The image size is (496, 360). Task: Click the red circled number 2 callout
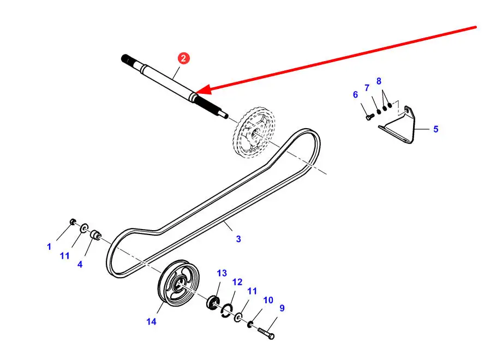(x=183, y=58)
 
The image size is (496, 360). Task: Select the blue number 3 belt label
(x=238, y=239)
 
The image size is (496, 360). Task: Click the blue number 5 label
(x=435, y=129)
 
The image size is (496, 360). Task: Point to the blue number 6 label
(x=355, y=94)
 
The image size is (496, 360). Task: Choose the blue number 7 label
(x=367, y=88)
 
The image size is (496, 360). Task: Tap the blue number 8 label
(x=379, y=81)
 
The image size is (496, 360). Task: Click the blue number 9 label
(x=282, y=308)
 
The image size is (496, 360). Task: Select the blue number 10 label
(x=268, y=300)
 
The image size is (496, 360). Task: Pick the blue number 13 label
(x=222, y=273)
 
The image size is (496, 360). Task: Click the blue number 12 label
(x=237, y=282)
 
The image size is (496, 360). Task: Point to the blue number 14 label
(x=151, y=322)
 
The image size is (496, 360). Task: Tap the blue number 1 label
(x=49, y=247)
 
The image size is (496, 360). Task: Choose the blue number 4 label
(x=80, y=264)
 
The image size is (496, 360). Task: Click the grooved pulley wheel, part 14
(x=178, y=283)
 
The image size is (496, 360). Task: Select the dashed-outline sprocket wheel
(x=255, y=132)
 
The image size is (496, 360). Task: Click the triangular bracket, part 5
(x=397, y=125)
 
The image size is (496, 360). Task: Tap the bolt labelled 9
(x=266, y=333)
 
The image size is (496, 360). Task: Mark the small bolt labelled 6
(x=370, y=117)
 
